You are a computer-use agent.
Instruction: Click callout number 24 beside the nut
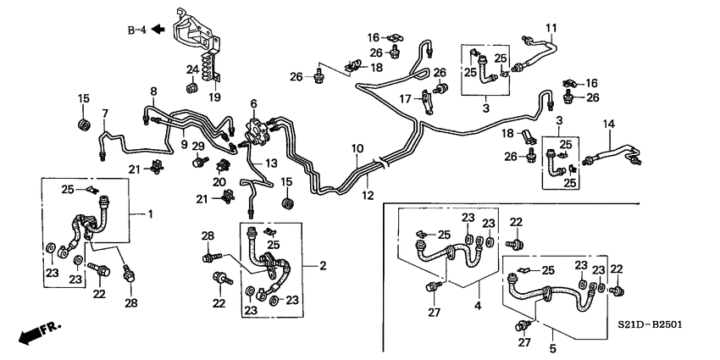192,70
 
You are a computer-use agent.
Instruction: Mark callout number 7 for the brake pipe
105,114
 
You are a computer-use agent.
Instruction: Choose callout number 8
153,91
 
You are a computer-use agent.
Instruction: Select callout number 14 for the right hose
608,125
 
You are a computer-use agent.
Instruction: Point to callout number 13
272,163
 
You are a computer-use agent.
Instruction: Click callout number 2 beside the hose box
322,266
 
